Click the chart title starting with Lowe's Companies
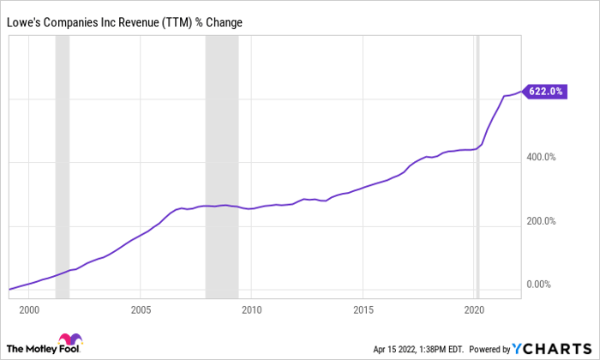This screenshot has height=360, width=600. pyautogui.click(x=126, y=21)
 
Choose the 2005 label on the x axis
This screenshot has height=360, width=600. pyautogui.click(x=141, y=309)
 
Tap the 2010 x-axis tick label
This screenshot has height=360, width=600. pyautogui.click(x=252, y=309)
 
